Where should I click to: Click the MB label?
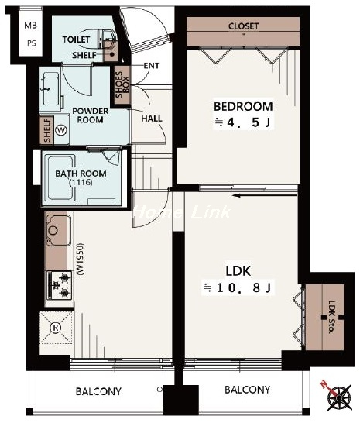click(30, 26)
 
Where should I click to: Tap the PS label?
click(31, 43)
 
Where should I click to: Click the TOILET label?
click(76, 40)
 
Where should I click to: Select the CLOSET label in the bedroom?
click(243, 26)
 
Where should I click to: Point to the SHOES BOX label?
click(122, 84)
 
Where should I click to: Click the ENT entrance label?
click(151, 66)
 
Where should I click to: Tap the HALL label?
click(152, 119)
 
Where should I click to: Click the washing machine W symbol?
click(61, 130)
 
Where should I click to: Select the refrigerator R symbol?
click(56, 328)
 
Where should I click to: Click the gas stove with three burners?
click(60, 285)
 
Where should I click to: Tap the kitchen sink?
click(59, 230)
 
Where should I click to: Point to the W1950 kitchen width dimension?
click(81, 260)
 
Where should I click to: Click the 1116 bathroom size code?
click(81, 183)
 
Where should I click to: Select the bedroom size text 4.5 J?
click(242, 122)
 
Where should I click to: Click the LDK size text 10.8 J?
click(238, 288)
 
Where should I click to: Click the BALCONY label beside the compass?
click(247, 390)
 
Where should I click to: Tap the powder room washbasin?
click(51, 90)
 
